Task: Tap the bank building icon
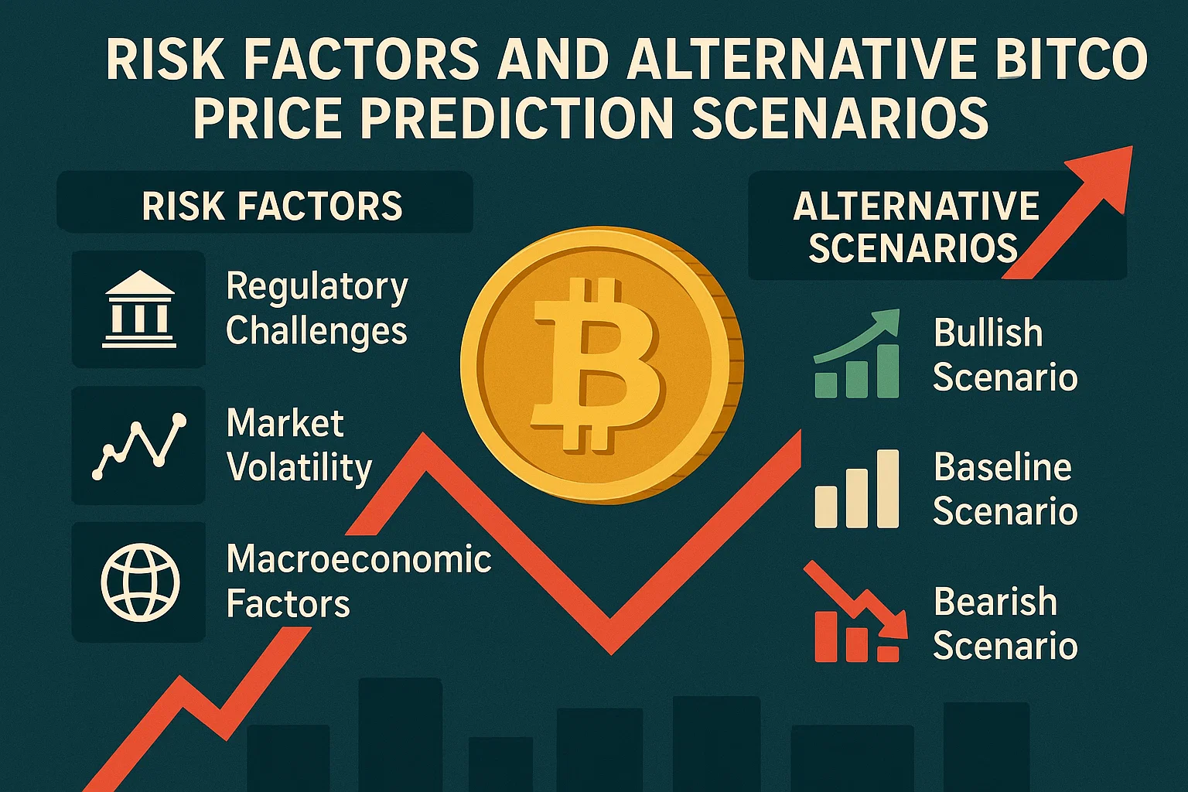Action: click(139, 309)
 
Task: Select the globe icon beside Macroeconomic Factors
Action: click(140, 582)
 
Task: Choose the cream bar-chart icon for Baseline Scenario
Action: click(857, 490)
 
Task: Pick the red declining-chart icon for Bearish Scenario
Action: click(855, 615)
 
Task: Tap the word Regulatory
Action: click(317, 288)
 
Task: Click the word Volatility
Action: click(299, 468)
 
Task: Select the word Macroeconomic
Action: click(359, 559)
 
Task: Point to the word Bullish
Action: click(988, 333)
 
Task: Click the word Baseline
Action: click(1002, 467)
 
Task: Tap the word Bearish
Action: click(995, 602)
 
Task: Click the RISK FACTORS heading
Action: click(272, 206)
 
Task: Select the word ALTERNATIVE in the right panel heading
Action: click(916, 207)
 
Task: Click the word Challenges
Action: click(316, 331)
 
